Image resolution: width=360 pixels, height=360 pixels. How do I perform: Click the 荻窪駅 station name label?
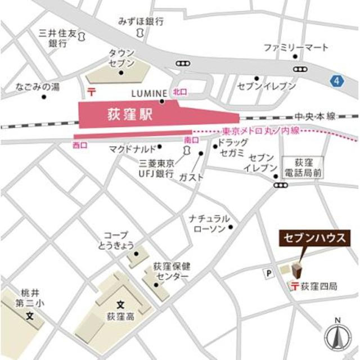pos(130,115)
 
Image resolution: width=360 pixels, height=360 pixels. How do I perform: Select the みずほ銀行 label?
pos(141,21)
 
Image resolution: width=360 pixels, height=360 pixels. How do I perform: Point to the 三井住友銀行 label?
pos(57,38)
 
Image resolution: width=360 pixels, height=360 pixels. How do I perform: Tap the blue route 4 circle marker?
pos(336,81)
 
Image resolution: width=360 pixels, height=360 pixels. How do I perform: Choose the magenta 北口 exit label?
pos(179,91)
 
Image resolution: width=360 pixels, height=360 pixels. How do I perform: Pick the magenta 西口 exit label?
pos(80,145)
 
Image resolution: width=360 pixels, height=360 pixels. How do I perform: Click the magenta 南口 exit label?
pos(191,139)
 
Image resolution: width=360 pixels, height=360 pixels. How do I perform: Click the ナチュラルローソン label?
pos(209,223)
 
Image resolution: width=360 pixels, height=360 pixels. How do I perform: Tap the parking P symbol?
pos(268,273)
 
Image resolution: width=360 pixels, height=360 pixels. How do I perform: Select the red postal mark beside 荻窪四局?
pos(294,286)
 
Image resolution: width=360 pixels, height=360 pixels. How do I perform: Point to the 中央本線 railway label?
pos(315,115)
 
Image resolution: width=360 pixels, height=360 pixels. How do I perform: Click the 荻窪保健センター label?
pos(171,273)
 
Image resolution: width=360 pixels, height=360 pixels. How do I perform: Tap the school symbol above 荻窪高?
pos(119,304)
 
